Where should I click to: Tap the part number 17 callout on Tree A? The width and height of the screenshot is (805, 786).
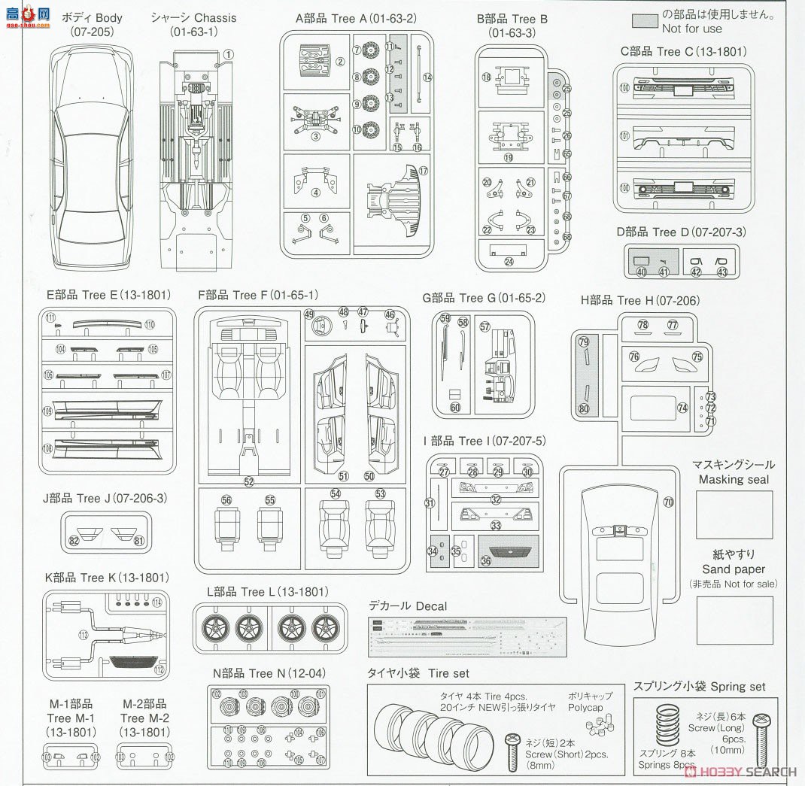[423, 171]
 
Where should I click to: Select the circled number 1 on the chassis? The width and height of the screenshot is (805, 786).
[229, 54]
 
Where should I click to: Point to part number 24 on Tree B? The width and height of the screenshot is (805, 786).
[509, 262]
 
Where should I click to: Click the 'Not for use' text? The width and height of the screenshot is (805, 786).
[691, 29]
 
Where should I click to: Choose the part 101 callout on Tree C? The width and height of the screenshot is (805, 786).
[624, 138]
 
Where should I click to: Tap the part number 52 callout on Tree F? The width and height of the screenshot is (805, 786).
[249, 481]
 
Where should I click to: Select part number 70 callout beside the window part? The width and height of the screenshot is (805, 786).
[668, 501]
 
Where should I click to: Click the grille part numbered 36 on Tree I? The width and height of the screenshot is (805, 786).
[509, 551]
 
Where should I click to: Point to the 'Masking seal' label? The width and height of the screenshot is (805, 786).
[732, 479]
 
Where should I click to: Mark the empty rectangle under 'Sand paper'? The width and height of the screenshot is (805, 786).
[734, 621]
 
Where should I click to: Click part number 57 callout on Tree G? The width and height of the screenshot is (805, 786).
[485, 326]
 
